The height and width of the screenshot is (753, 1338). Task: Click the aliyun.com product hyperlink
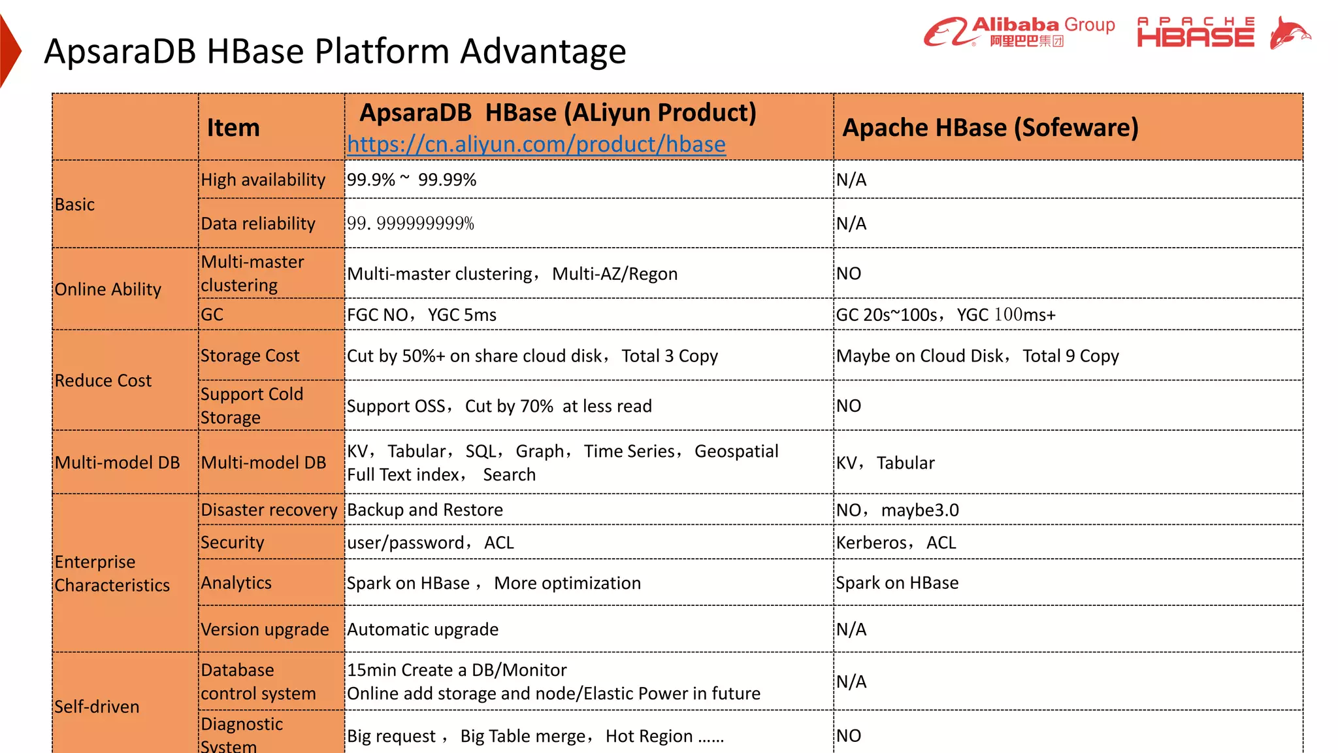(x=536, y=144)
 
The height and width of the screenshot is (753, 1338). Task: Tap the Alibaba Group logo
(x=1019, y=32)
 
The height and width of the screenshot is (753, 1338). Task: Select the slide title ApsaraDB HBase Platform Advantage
(x=334, y=51)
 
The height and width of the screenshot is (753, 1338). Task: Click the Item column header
(x=233, y=127)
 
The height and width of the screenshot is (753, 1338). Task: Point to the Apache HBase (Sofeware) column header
(x=990, y=127)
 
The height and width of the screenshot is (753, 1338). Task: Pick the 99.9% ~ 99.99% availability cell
(x=412, y=180)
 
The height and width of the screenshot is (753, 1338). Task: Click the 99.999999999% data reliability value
(x=410, y=224)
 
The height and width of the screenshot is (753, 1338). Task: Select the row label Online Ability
(x=108, y=289)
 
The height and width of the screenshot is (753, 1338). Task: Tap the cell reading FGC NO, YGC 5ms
(x=421, y=315)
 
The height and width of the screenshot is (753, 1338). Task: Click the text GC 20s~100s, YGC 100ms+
(x=945, y=315)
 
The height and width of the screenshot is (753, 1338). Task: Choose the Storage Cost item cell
(x=250, y=356)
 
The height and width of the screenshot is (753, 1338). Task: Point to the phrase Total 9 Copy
(x=1070, y=356)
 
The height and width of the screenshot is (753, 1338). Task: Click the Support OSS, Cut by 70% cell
(x=499, y=406)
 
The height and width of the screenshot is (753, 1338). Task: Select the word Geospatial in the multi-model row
(x=736, y=451)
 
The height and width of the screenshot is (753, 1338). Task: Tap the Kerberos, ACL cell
(x=896, y=543)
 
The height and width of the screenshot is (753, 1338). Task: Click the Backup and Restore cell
(x=425, y=510)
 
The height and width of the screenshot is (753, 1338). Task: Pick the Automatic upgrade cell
(x=423, y=629)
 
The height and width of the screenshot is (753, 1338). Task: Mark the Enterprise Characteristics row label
(x=112, y=573)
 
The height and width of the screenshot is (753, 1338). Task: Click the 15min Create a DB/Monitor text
(x=457, y=670)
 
